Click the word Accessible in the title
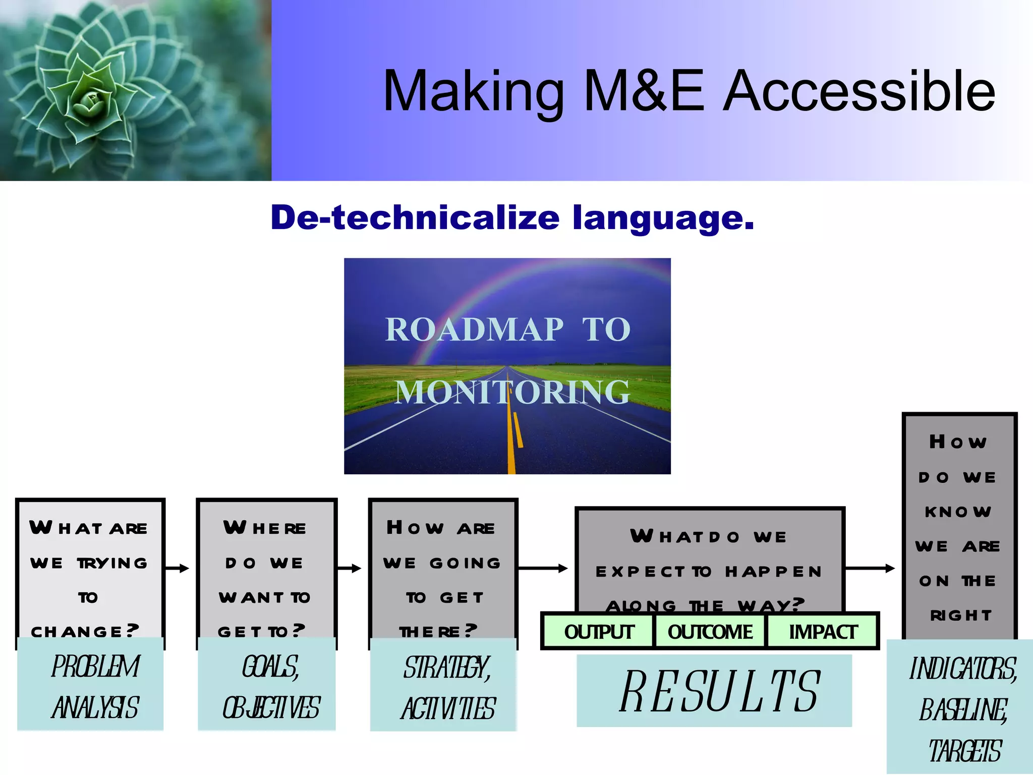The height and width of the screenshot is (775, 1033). [859, 91]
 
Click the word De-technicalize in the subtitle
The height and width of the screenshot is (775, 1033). [415, 218]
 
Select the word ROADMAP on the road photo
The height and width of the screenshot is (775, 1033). [474, 330]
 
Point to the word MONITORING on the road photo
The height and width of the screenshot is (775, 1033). [512, 392]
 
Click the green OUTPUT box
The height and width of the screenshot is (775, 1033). [598, 632]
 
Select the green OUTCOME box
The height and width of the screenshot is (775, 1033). [710, 632]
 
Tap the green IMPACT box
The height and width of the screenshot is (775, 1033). [823, 632]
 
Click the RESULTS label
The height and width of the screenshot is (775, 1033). [719, 691]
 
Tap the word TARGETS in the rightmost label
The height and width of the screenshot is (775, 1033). [964, 751]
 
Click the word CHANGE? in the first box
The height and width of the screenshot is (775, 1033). [85, 631]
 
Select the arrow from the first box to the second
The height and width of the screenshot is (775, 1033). [177, 569]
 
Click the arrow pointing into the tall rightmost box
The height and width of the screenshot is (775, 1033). [870, 569]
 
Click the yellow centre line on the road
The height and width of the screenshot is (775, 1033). [511, 444]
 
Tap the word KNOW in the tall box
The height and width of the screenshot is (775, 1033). [958, 512]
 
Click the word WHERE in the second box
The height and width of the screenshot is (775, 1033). [265, 528]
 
